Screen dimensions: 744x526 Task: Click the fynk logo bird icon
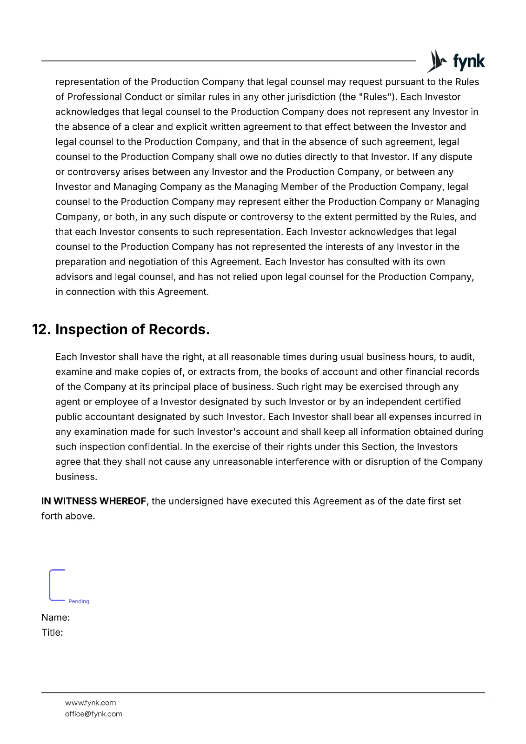[x=436, y=61]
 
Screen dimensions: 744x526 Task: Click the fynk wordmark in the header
[x=468, y=61]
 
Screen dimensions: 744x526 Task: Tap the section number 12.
[x=41, y=329]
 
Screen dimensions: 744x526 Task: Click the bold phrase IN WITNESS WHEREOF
[x=93, y=501]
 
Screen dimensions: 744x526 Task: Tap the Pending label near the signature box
[x=79, y=601]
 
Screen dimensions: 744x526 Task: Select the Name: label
[x=55, y=618]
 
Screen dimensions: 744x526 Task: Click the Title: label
[x=52, y=632]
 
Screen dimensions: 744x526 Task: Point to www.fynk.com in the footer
[x=90, y=703]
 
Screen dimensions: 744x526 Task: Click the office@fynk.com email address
[x=93, y=714]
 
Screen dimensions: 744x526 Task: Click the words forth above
[x=68, y=516]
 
